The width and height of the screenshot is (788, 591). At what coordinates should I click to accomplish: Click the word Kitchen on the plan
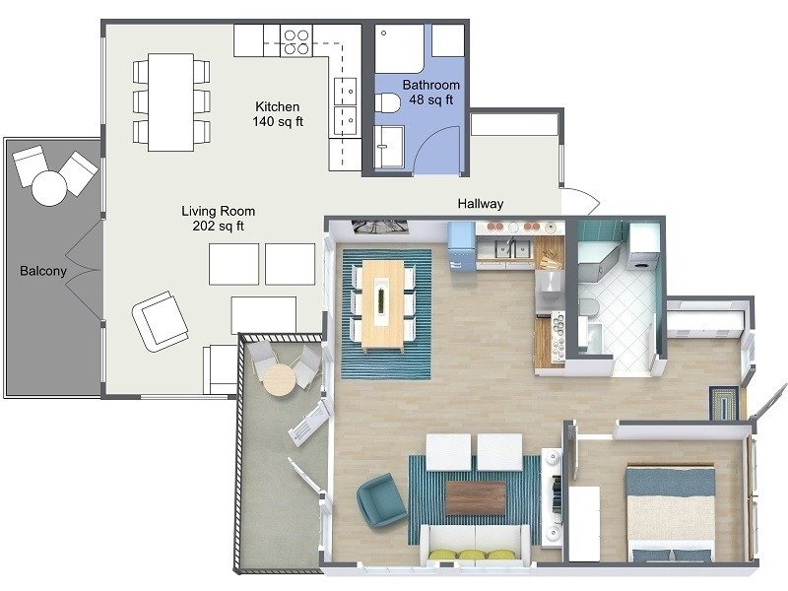click(x=277, y=106)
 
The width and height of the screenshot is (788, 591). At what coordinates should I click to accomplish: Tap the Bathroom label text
click(x=430, y=85)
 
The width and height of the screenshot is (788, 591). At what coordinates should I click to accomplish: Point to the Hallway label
click(x=481, y=204)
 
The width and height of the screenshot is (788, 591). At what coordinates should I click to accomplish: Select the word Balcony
click(x=43, y=270)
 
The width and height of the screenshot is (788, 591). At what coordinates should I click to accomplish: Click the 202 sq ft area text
click(x=219, y=227)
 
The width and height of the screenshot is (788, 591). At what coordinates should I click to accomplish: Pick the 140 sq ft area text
click(x=277, y=122)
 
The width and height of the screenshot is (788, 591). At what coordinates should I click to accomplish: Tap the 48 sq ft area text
click(x=430, y=99)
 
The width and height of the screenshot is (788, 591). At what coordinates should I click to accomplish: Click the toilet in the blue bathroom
click(x=389, y=102)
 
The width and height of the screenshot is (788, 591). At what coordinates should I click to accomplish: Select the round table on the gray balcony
click(x=49, y=187)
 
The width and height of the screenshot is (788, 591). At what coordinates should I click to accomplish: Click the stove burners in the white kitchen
click(x=296, y=40)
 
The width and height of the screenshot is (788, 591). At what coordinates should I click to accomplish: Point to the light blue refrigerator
click(x=461, y=246)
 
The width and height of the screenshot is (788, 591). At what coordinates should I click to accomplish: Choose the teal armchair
click(x=381, y=498)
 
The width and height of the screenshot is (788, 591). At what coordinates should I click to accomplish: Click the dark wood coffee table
click(x=475, y=497)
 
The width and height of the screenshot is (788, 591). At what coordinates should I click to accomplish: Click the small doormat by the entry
click(x=724, y=404)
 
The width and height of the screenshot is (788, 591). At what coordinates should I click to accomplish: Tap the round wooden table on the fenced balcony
click(x=282, y=379)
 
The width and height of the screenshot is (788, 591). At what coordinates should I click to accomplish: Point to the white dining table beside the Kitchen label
click(x=170, y=101)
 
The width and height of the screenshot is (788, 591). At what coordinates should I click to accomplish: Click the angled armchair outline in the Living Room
click(x=161, y=320)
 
